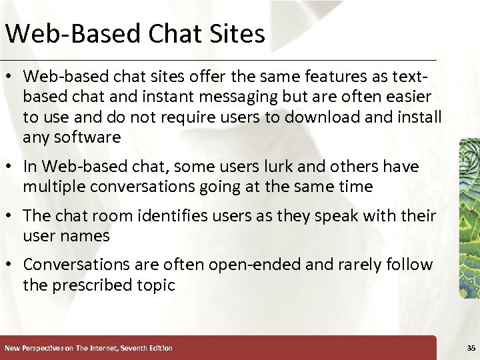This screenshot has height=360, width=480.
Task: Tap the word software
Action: pos(87,138)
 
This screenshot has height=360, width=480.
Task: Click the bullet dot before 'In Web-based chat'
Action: pos(12,167)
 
